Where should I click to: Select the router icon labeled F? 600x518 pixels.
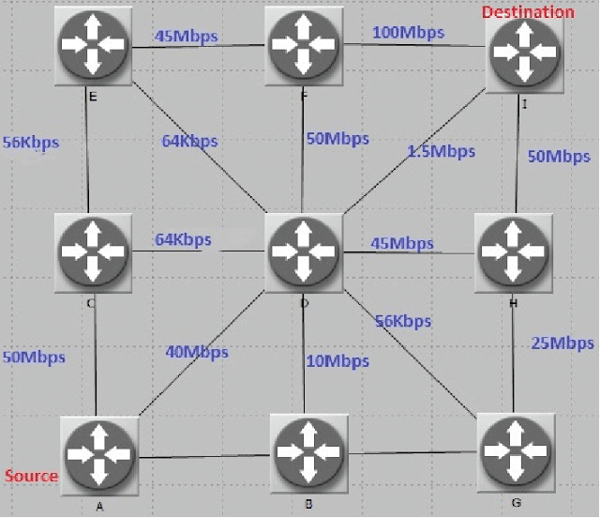303,43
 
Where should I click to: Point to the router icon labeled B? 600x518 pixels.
308,450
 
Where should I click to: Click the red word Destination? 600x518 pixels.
527,12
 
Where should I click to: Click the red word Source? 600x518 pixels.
32,476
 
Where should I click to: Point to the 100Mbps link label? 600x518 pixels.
408,32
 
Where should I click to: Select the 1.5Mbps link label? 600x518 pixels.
441,151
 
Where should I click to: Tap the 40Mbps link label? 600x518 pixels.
196,352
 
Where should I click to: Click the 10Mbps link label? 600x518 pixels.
337,360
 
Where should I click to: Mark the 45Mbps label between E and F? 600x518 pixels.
186,38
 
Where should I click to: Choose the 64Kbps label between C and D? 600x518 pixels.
183,239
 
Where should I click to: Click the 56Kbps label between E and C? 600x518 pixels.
30,143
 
